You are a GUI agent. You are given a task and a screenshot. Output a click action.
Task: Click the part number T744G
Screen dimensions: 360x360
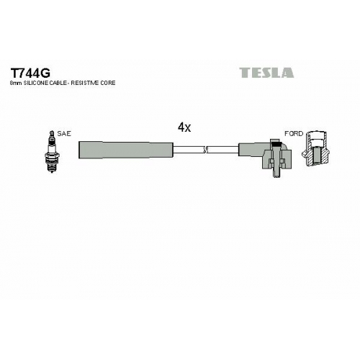pos(30,73)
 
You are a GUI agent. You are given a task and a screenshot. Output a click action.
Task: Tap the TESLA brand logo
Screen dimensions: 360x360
pos(266,73)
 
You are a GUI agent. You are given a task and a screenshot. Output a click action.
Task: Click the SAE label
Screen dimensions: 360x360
pos(64,134)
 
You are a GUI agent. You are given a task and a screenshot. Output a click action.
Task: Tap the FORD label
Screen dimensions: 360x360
pos(294,134)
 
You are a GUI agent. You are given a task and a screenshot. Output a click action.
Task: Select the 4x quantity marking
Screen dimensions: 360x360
pos(184,127)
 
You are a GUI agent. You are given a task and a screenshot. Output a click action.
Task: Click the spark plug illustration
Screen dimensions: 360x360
pos(52,152)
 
